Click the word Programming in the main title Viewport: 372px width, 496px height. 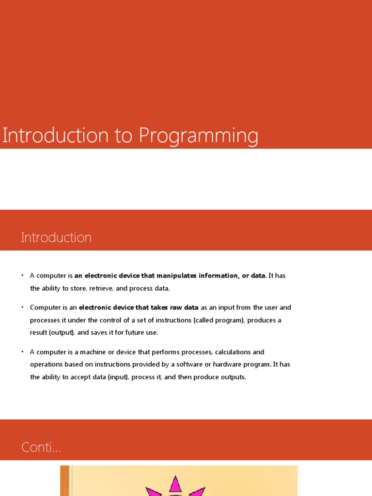pos(199,137)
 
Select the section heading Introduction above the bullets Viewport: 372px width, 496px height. pos(56,238)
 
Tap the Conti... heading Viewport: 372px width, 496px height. pos(41,448)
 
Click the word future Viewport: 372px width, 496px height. pos(130,332)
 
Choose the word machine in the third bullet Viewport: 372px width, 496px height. pos(88,352)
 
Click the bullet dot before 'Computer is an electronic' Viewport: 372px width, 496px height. pos(22,307)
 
